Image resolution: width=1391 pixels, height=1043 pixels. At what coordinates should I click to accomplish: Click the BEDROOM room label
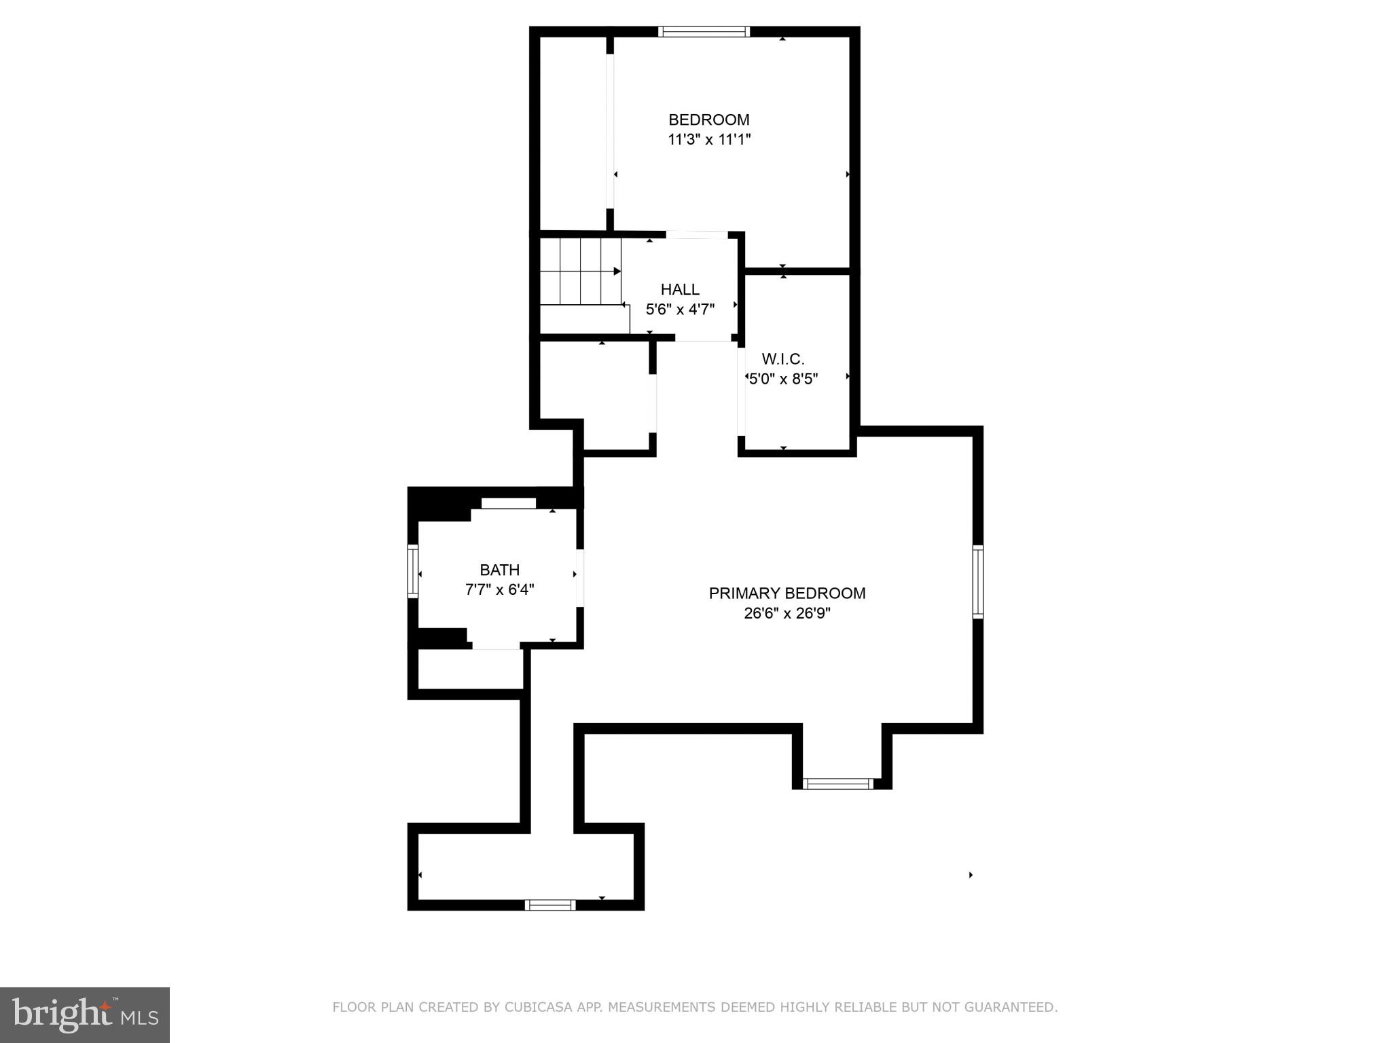[x=709, y=120]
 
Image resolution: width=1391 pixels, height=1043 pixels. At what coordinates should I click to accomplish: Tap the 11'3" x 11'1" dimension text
[x=709, y=140]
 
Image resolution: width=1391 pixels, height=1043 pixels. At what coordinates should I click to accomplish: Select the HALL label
[x=680, y=290]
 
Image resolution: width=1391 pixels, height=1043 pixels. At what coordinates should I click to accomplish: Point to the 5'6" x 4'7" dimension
[x=680, y=310]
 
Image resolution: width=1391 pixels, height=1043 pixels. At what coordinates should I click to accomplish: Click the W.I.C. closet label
[x=783, y=359]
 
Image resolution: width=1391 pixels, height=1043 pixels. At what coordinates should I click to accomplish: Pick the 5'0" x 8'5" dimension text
[x=783, y=379]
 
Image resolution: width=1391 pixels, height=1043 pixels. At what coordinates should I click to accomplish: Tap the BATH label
[x=500, y=570]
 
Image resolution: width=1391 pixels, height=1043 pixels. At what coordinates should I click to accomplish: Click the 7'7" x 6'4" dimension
[x=500, y=590]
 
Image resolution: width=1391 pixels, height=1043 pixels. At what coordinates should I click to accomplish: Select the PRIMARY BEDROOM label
[x=787, y=593]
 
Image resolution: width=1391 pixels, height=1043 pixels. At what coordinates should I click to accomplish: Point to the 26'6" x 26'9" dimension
[x=787, y=614]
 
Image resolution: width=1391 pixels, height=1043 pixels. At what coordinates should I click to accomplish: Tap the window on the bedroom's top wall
[x=704, y=31]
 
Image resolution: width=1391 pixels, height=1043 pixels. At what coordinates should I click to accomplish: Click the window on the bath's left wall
[x=412, y=572]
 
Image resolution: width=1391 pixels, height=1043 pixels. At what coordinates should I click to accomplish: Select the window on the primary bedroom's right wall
[x=978, y=581]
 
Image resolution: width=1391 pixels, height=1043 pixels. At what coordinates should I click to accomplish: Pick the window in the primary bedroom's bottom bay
[x=837, y=784]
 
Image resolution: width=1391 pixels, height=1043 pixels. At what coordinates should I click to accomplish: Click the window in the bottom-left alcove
[x=550, y=904]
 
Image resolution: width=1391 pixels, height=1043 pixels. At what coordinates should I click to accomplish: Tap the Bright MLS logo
[x=84, y=1014]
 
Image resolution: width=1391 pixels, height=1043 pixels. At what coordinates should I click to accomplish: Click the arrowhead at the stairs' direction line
[x=617, y=272]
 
